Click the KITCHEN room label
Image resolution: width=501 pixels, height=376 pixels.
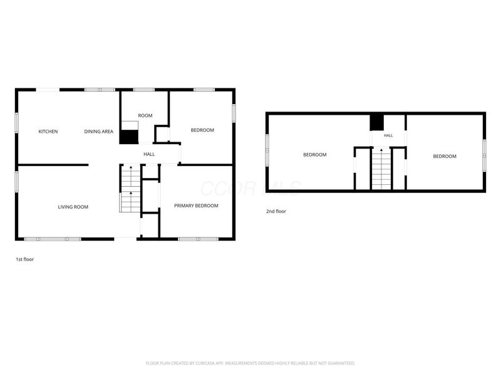tap(48, 132)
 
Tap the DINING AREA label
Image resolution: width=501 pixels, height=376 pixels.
tap(99, 132)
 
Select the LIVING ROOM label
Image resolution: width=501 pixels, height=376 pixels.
tap(73, 207)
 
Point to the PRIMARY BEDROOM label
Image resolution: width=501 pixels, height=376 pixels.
tap(196, 206)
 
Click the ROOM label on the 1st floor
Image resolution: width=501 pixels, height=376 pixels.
tap(145, 115)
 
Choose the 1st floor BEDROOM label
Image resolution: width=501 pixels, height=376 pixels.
tap(202, 130)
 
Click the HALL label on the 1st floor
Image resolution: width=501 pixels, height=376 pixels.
tap(149, 154)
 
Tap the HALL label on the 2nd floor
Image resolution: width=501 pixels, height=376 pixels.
tap(388, 135)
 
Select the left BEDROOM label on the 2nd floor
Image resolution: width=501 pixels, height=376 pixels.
tap(315, 155)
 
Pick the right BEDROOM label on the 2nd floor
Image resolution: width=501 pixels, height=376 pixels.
tap(445, 156)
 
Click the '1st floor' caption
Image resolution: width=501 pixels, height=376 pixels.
tap(25, 259)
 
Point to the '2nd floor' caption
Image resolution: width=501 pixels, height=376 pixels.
tap(276, 211)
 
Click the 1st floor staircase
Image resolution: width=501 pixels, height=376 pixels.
tap(130, 189)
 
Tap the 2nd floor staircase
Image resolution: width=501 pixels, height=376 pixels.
tap(381, 169)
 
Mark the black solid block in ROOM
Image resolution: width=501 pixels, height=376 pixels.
tap(129, 137)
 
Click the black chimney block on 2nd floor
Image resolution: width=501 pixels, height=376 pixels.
tap(377, 122)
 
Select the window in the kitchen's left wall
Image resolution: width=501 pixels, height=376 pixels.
tap(17, 122)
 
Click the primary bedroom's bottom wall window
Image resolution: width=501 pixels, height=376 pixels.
tap(198, 239)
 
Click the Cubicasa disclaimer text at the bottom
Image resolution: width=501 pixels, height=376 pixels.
tap(250, 363)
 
